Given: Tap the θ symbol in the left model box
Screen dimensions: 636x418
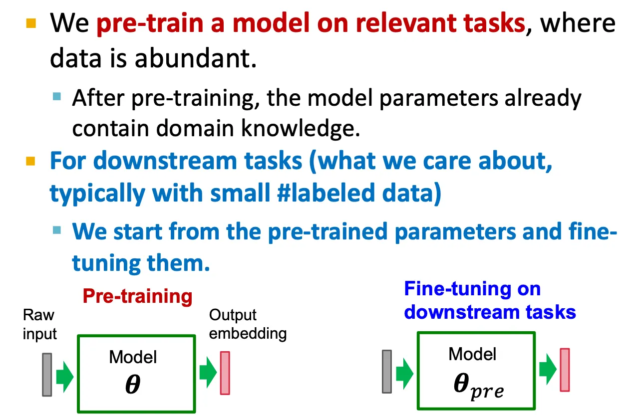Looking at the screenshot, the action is pyautogui.click(x=133, y=384).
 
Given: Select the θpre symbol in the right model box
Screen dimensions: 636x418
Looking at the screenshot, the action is pyautogui.click(x=479, y=386).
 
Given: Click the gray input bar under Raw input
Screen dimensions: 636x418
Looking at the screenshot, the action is pyautogui.click(x=47, y=374).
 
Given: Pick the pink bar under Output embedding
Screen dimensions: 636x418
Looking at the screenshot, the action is pyautogui.click(x=225, y=373).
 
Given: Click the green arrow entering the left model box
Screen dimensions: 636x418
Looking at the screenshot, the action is pyautogui.click(x=65, y=377).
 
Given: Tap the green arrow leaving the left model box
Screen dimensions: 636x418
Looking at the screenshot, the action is pyautogui.click(x=208, y=372).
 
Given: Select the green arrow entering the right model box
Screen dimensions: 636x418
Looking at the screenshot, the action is pyautogui.click(x=404, y=374).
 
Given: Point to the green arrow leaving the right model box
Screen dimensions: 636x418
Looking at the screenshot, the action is pyautogui.click(x=548, y=369).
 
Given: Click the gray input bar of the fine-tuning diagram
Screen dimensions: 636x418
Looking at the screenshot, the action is pyautogui.click(x=387, y=372).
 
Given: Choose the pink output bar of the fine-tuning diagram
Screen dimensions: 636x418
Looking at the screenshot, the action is pyautogui.click(x=565, y=370).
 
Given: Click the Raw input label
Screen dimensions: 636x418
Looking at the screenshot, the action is pyautogui.click(x=40, y=324).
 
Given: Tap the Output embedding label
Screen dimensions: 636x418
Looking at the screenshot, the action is pyautogui.click(x=248, y=324).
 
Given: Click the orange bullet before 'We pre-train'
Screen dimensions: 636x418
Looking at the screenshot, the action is pyautogui.click(x=31, y=23).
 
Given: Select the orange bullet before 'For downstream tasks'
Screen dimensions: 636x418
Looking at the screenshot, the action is pyautogui.click(x=30, y=161).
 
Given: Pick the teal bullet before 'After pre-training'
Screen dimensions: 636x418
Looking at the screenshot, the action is pyautogui.click(x=57, y=96).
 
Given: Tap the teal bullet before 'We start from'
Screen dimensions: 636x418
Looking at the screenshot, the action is pyautogui.click(x=57, y=229).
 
